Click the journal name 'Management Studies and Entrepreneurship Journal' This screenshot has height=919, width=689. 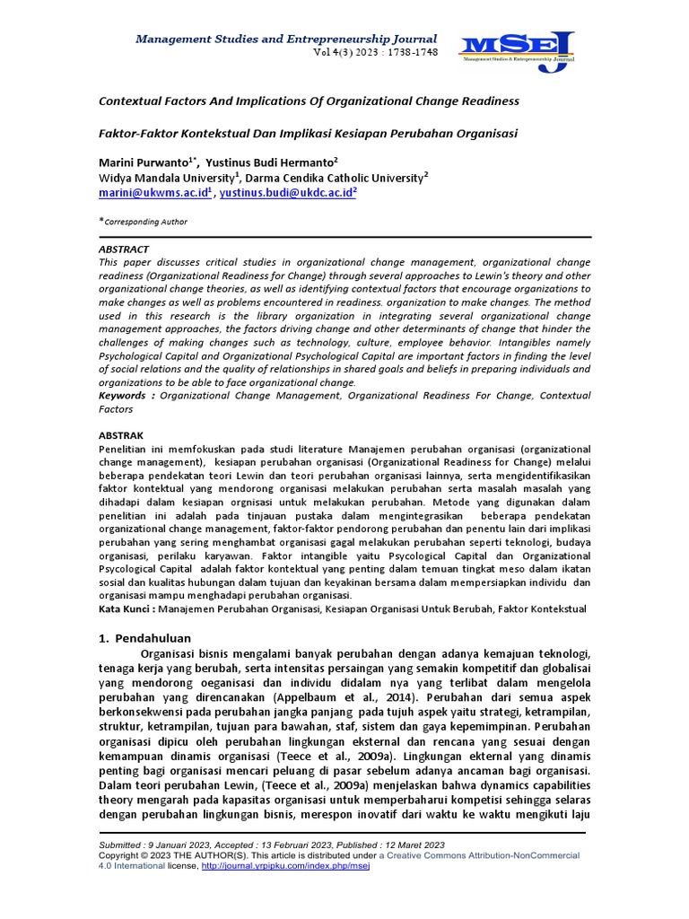pyautogui.click(x=285, y=39)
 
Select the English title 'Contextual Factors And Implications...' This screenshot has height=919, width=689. pyautogui.click(x=309, y=101)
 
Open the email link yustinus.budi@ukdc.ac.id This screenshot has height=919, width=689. pyautogui.click(x=287, y=192)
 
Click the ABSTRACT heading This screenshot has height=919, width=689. pyautogui.click(x=124, y=249)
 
